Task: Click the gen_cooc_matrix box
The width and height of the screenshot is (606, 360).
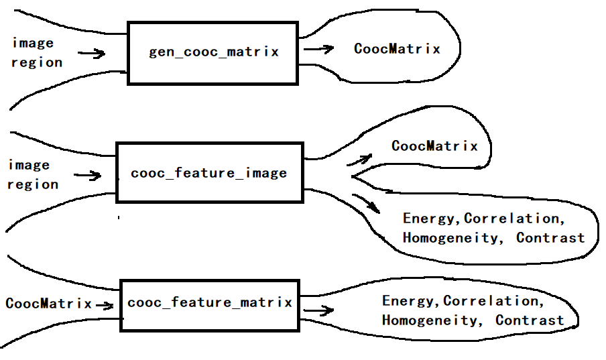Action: tap(213, 53)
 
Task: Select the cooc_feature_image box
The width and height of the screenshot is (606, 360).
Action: tap(209, 172)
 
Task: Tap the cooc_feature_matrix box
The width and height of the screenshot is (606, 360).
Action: tap(210, 303)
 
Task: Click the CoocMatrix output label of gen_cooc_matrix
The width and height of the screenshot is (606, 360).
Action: tap(397, 49)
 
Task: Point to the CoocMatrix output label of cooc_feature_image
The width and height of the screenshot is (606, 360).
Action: tap(434, 146)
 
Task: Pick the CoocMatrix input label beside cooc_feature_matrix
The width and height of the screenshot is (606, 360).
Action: tap(48, 304)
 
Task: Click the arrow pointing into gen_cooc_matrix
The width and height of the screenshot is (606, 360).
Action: tap(92, 53)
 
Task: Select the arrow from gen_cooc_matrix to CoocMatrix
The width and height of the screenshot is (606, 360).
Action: tap(319, 49)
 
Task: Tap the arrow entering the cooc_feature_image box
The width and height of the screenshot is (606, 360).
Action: tap(87, 176)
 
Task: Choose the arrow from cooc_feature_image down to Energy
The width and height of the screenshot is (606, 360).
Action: tap(366, 203)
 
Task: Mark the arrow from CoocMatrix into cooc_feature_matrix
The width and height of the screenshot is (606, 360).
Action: tap(105, 305)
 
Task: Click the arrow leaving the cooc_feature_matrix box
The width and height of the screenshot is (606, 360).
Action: tap(318, 311)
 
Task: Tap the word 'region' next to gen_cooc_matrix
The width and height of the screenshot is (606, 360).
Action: tap(37, 62)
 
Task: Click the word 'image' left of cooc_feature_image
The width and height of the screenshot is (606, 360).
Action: tap(29, 165)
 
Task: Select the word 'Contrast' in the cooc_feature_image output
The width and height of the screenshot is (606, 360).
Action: tap(550, 238)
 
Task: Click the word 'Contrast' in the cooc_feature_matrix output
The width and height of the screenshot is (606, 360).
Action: tap(530, 320)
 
